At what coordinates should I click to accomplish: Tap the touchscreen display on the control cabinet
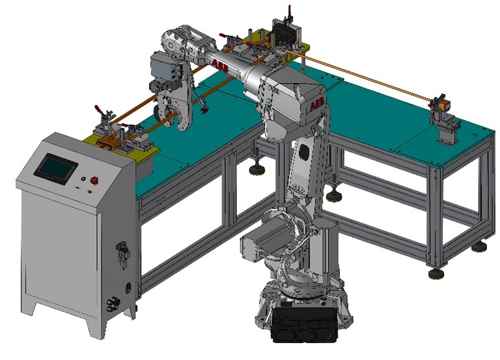click(x=55, y=169)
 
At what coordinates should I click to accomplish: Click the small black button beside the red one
click(x=83, y=179)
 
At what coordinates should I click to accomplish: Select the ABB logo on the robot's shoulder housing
click(x=317, y=105)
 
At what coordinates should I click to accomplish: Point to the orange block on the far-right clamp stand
click(x=444, y=104)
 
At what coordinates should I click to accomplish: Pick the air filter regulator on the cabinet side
click(x=123, y=253)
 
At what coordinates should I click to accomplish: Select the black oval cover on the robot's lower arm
click(x=304, y=151)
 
